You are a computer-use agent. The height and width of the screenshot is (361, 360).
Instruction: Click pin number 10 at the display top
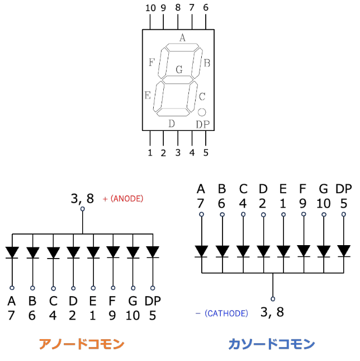coord(150,8)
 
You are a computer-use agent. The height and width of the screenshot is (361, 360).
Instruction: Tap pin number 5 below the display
coord(205,152)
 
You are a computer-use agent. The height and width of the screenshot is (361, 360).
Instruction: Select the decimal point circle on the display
coord(202,112)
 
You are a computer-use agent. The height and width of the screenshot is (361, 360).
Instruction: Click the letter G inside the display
coord(179,70)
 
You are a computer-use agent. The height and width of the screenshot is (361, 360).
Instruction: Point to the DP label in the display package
coord(202,124)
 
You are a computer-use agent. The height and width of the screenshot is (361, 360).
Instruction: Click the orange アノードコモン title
coord(81,344)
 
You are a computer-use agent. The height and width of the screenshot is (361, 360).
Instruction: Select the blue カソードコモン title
coord(271,344)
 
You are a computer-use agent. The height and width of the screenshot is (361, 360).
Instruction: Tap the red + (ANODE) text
coord(123,198)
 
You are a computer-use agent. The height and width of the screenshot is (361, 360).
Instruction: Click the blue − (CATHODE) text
coord(222,313)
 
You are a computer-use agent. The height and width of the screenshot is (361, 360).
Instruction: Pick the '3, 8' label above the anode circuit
coord(82,198)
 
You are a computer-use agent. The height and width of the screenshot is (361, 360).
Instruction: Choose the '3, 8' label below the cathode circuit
coord(272,312)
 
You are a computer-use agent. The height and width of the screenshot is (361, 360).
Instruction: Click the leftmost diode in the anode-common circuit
coord(12,252)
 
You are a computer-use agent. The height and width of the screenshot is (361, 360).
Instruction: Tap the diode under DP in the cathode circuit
coord(344,250)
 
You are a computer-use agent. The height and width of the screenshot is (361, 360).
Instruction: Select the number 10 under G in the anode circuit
coord(132,316)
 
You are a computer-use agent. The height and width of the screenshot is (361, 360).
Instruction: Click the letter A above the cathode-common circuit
coord(201,188)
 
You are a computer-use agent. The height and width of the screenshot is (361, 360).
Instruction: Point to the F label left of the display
coord(151,62)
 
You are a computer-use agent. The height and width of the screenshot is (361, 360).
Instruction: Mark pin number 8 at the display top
coord(178,8)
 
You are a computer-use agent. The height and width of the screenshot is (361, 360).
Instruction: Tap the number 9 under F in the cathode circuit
coord(302,203)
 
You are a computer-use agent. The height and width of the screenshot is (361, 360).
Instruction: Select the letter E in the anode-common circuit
coord(93,301)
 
